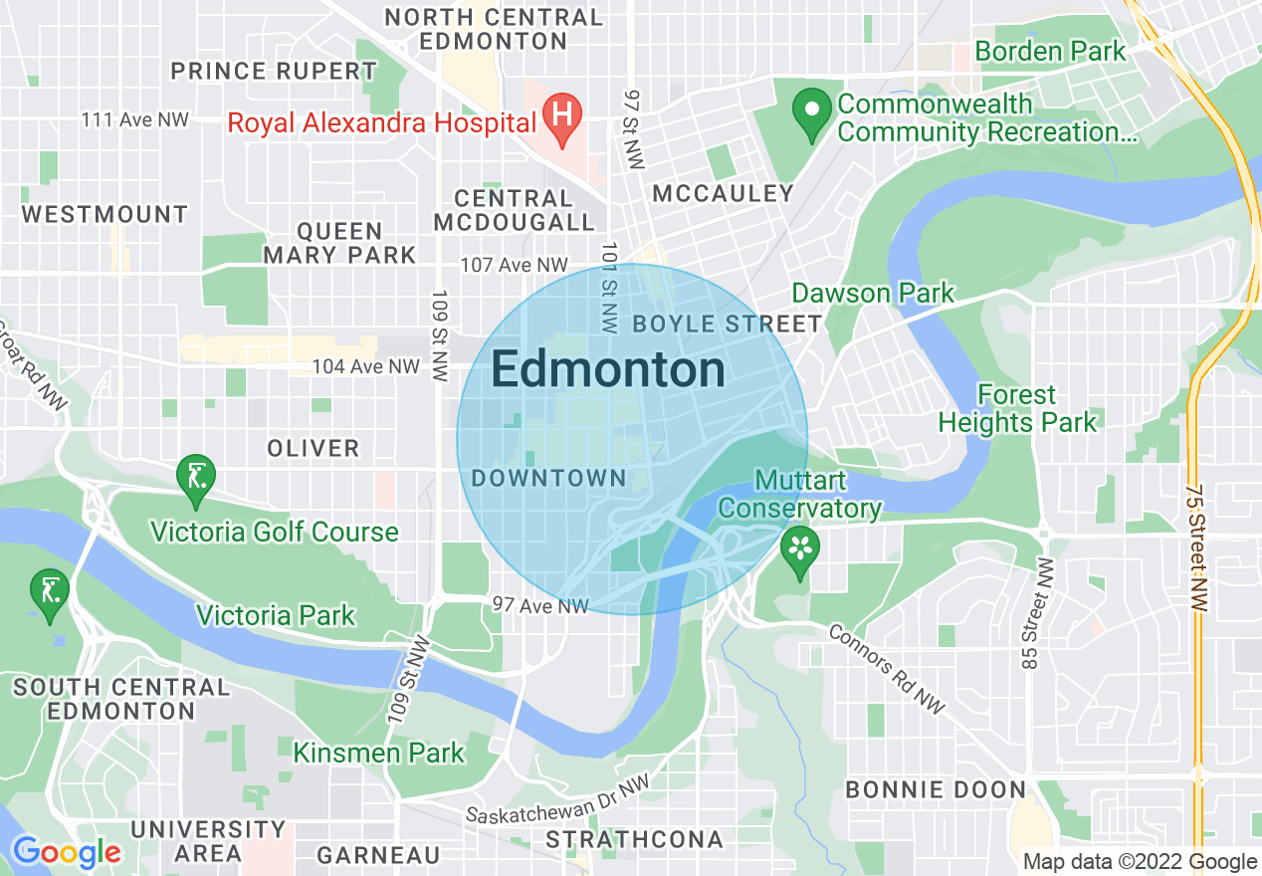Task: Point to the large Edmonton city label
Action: (608, 370)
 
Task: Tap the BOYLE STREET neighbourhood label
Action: (727, 324)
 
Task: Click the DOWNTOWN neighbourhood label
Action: (548, 479)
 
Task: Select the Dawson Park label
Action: (872, 293)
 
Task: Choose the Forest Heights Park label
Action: (1016, 408)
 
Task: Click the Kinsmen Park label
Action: (378, 752)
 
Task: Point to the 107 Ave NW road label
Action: (514, 266)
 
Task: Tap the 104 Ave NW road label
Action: (365, 367)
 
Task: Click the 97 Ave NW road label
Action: (540, 605)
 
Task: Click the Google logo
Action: (66, 853)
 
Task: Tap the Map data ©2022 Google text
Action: (1140, 862)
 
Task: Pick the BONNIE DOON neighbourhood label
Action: (935, 790)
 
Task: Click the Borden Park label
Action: (1050, 51)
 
